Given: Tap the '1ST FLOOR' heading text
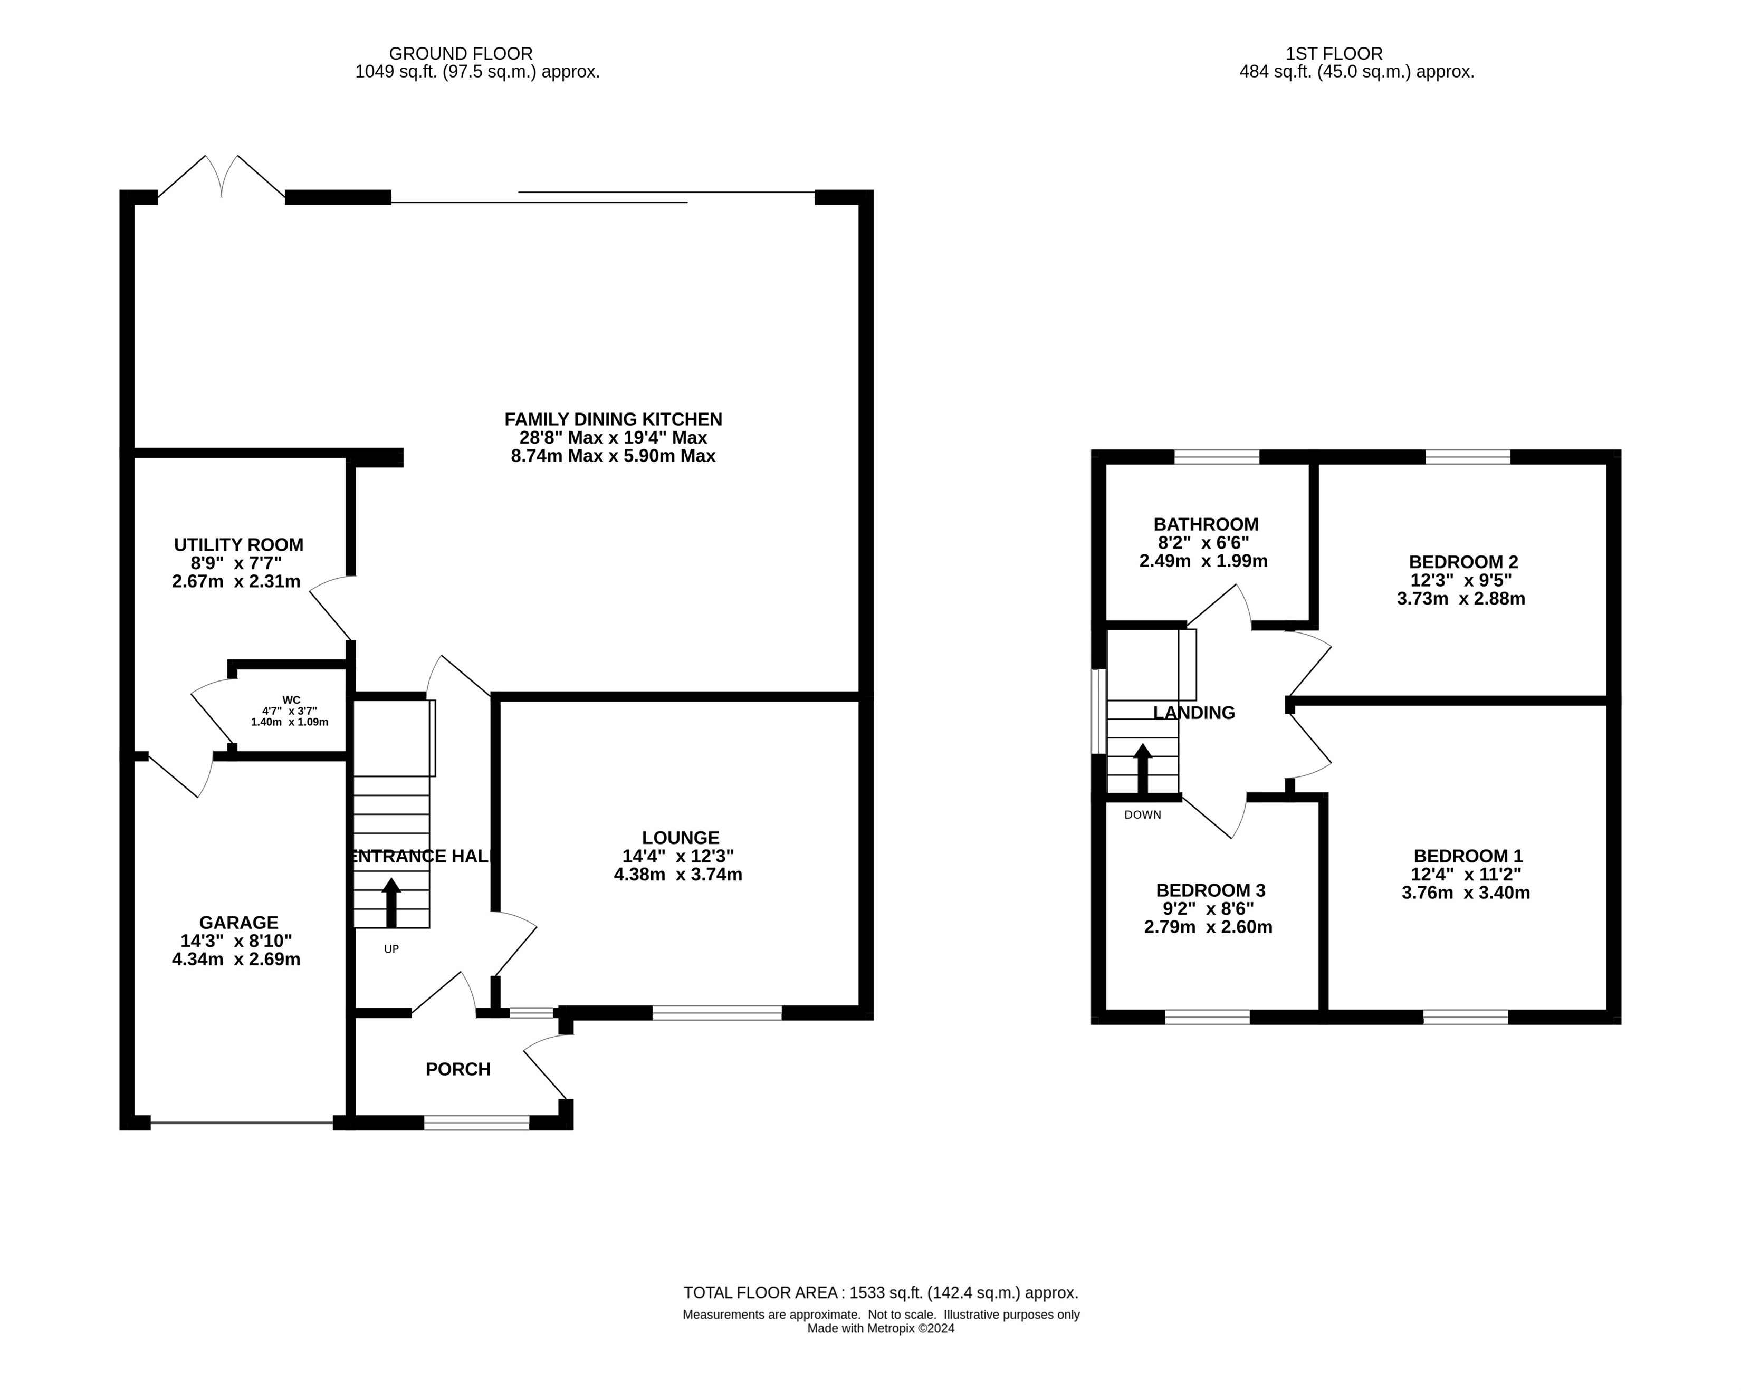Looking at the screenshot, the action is (x=1334, y=53).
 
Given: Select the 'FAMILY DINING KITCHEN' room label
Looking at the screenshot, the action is (x=613, y=419).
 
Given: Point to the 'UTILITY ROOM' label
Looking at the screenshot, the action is (x=239, y=545).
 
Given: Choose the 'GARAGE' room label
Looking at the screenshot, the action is (x=238, y=922).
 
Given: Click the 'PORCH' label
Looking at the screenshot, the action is (x=458, y=1069).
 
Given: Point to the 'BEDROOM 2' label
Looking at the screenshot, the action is (x=1463, y=562).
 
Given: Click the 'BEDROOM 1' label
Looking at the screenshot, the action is (x=1468, y=856).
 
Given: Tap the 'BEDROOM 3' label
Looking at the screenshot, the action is (x=1210, y=890).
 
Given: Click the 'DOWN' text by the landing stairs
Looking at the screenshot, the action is (x=1143, y=814).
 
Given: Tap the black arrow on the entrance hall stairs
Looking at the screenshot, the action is (x=391, y=903).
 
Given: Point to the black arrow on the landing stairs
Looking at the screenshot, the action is (x=1143, y=769).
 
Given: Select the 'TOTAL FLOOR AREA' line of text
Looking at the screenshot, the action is (x=880, y=1292).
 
